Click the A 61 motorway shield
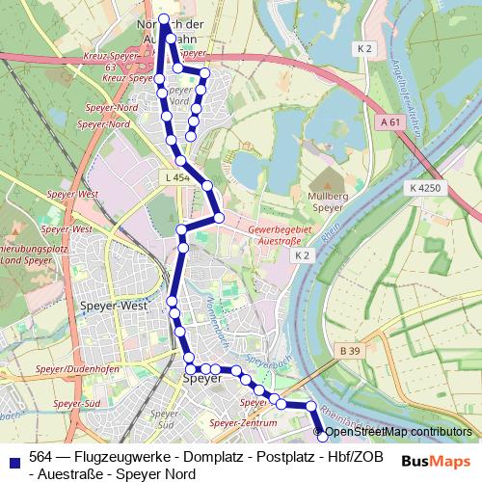pyautogui.click(x=389, y=122)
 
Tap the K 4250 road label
pyautogui.click(x=424, y=188)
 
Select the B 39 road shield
pyautogui.click(x=350, y=354)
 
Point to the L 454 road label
pyautogui.click(x=176, y=178)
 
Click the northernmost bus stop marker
pyautogui.click(x=164, y=19)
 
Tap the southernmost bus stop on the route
pyautogui.click(x=323, y=439)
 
